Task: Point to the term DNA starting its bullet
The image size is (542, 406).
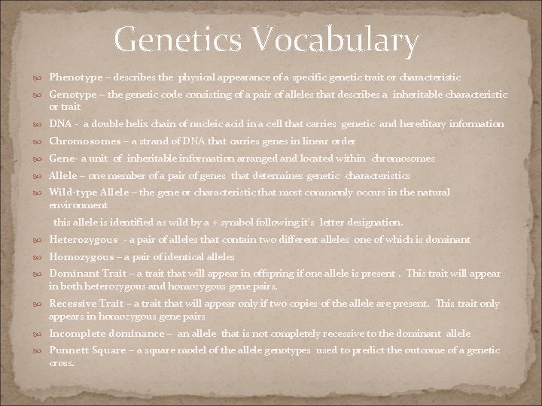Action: (59, 123)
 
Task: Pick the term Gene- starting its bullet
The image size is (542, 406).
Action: (64, 159)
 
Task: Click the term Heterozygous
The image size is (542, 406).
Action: (83, 240)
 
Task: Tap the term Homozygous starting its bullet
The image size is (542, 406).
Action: (81, 257)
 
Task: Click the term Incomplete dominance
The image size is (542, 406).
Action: (106, 333)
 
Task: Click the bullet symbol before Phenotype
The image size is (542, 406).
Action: (38, 78)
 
